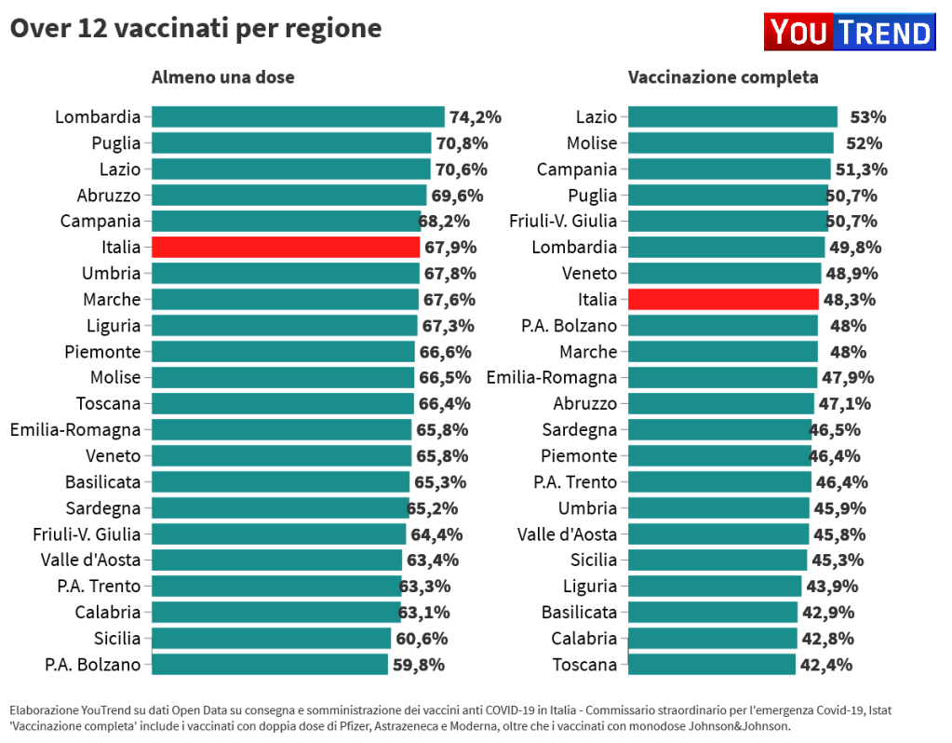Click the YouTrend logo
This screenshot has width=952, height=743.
849,33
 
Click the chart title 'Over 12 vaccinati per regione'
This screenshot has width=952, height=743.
195,29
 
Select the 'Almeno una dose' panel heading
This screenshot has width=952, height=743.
223,77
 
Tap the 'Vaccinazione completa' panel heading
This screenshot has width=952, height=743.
723,77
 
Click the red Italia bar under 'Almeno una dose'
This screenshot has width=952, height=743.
286,247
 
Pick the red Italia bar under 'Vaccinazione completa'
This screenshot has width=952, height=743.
723,299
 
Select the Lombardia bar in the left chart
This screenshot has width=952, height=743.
298,116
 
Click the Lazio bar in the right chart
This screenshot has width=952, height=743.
733,116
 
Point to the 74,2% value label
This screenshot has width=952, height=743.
476,117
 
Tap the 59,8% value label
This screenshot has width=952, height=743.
419,665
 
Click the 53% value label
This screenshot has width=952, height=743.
867,117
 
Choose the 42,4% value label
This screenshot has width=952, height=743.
826,665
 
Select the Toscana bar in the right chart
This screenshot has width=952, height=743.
713,664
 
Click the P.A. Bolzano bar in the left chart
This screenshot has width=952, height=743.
270,664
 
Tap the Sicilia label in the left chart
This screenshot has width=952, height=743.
117,639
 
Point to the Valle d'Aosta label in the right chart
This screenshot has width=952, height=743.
567,534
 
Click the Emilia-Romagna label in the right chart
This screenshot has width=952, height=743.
552,378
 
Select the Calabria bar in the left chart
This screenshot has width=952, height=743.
275,612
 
